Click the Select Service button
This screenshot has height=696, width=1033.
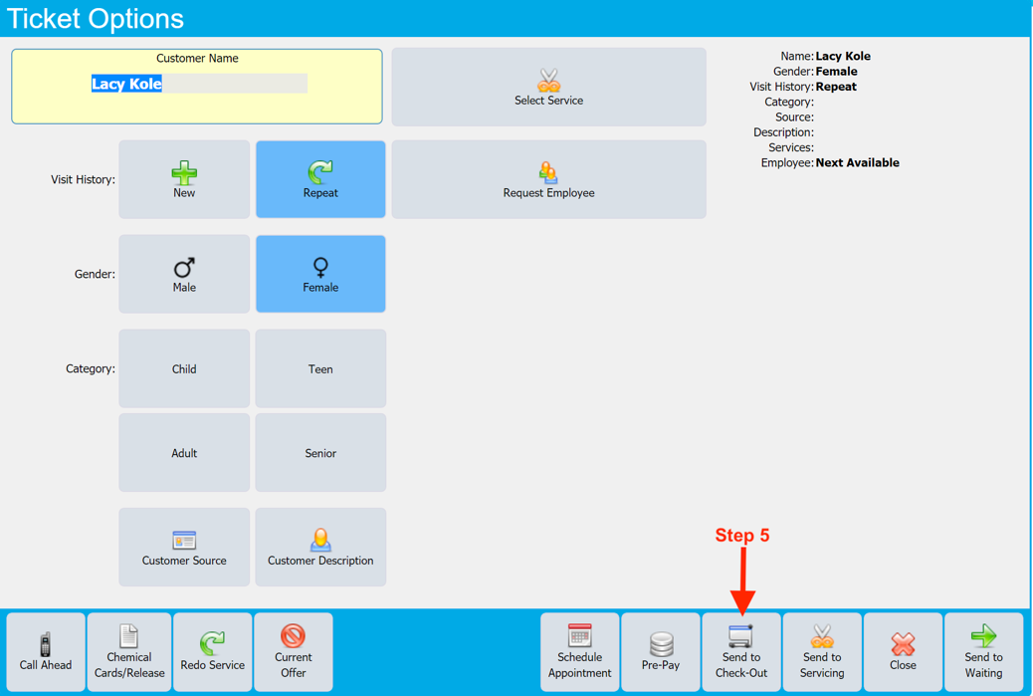(x=548, y=88)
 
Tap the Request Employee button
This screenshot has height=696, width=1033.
(x=548, y=179)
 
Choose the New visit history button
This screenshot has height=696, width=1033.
(x=184, y=179)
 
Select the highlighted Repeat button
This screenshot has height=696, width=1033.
(x=320, y=179)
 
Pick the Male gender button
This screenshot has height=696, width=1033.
(x=184, y=274)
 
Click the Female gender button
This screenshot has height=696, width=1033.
(x=320, y=274)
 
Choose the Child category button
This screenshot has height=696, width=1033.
(x=184, y=368)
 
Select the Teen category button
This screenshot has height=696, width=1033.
(x=320, y=368)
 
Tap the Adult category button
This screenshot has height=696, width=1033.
(x=184, y=453)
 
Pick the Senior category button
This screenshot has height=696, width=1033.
(x=320, y=453)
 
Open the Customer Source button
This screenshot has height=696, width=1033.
(x=184, y=548)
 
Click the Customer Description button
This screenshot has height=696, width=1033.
(x=320, y=548)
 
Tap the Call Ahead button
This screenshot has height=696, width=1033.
(x=46, y=652)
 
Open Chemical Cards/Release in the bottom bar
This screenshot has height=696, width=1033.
(x=129, y=652)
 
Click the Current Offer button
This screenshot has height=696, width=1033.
(x=293, y=652)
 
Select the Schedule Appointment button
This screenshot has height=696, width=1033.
(x=580, y=652)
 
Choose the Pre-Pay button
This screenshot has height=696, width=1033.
(x=661, y=652)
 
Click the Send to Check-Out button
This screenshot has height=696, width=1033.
(x=741, y=652)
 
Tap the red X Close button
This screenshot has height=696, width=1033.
(x=903, y=652)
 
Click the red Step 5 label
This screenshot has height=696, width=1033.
(x=742, y=536)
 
